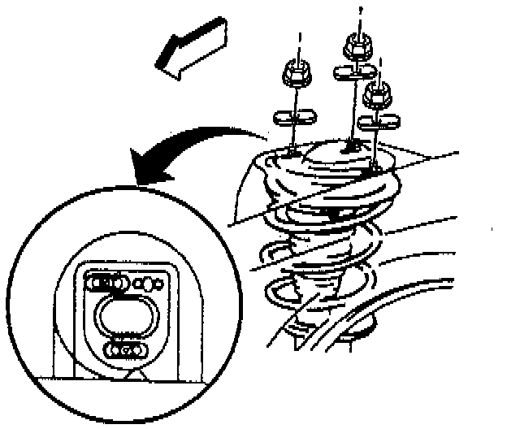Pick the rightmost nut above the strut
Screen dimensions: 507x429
(x=377, y=95)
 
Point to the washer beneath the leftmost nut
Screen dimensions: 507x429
(x=294, y=116)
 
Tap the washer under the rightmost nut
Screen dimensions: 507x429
(x=378, y=122)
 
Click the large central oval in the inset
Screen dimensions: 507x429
(x=121, y=313)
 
